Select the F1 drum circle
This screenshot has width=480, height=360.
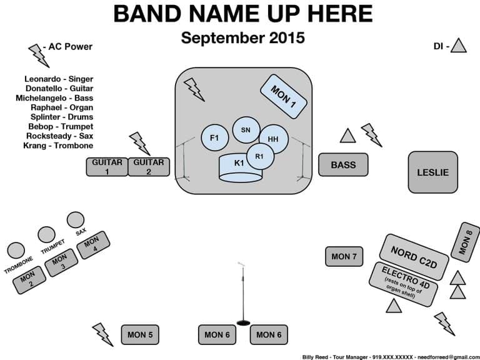pos(214,137)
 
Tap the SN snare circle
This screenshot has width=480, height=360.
pos(245,129)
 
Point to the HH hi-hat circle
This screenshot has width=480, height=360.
pos(273,139)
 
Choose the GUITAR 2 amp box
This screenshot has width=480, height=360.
pos(149,167)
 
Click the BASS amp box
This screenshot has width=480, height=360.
pos(343,165)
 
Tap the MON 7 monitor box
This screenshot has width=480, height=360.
pos(344,256)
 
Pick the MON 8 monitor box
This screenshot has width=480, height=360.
pos(469,242)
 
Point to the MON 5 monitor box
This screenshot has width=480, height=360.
pos(141,335)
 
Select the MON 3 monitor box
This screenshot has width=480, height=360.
pos(59,262)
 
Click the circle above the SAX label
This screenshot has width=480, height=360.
pos(75,219)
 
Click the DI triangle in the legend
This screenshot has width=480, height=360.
pos(459,46)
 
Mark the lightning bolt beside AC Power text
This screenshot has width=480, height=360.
pos(38,56)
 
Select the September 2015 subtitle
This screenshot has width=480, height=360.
pos(243,37)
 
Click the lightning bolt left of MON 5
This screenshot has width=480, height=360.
pos(102,334)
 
